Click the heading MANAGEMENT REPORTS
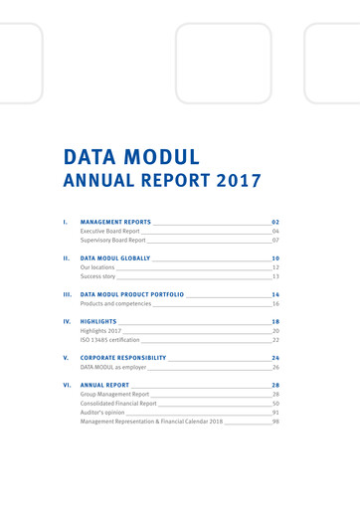[115, 221]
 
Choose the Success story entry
[97, 277]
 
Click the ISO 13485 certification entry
[110, 341]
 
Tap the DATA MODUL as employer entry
[112, 367]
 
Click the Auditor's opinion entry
[102, 413]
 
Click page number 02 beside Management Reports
[275, 221]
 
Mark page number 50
[275, 404]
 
